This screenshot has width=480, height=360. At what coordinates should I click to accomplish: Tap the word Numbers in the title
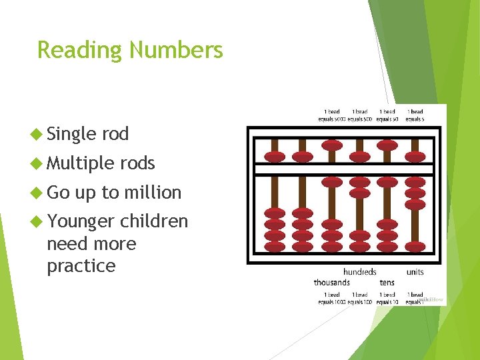[x=177, y=51]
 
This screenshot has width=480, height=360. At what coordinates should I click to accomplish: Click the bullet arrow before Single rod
[x=38, y=134]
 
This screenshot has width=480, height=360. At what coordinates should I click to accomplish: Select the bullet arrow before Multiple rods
[x=38, y=163]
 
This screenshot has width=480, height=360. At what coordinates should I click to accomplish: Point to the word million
[x=155, y=193]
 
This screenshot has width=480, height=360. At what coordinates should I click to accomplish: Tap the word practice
[x=81, y=266]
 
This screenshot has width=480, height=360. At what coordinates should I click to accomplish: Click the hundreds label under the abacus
[x=359, y=272]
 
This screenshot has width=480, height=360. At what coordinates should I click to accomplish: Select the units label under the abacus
[x=415, y=272]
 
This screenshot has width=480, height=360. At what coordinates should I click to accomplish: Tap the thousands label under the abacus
[x=332, y=283]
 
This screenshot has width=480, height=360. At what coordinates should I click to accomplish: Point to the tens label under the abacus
[x=387, y=283]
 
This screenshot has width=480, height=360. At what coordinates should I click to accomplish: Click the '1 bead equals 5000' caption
[x=332, y=115]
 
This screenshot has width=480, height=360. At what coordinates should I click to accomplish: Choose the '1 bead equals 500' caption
[x=359, y=115]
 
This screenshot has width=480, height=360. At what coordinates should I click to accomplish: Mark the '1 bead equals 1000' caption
[x=332, y=298]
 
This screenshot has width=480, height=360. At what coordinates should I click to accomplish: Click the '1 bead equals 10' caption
[x=387, y=298]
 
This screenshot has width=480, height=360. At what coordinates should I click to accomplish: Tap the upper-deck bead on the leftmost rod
[x=275, y=157]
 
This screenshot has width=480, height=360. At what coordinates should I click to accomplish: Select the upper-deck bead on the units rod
[x=416, y=157]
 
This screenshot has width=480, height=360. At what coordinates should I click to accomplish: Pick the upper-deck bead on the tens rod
[x=388, y=157]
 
